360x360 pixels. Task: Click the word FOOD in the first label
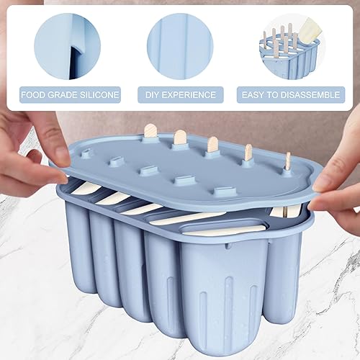point(33,95)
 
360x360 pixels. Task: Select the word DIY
point(152,95)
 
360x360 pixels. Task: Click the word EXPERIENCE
point(189,95)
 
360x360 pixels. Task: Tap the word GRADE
point(63,95)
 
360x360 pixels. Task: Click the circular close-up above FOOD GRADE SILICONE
point(68,46)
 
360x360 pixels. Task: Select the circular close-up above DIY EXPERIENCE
point(180,46)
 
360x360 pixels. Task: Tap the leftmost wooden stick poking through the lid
point(150,131)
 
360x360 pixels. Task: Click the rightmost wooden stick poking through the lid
point(288,161)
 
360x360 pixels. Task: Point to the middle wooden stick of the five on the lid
point(212,144)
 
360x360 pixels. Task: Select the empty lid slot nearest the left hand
point(86,153)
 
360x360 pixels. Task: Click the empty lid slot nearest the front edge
point(225,192)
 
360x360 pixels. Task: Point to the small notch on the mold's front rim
point(228,246)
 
